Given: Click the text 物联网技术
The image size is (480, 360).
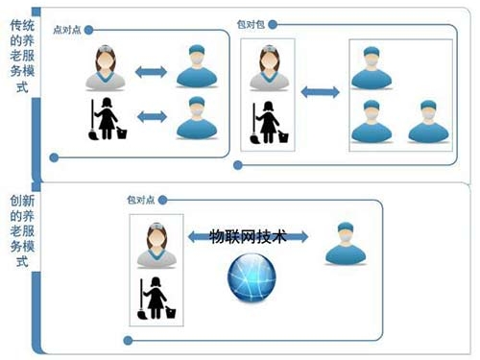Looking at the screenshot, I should click(x=248, y=237).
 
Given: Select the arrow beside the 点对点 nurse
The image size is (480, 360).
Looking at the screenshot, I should click(x=151, y=72).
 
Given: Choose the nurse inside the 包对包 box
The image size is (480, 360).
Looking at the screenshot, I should click(x=269, y=68).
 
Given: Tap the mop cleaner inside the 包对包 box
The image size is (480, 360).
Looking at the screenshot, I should click(x=268, y=120).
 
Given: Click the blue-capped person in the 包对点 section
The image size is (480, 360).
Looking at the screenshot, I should click(x=343, y=243).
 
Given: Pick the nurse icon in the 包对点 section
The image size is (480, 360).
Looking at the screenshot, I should click(x=156, y=244).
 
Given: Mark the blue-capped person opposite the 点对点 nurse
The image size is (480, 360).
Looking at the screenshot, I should click(x=195, y=68).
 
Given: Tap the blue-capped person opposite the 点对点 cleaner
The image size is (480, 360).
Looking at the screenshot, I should click(x=195, y=117).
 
